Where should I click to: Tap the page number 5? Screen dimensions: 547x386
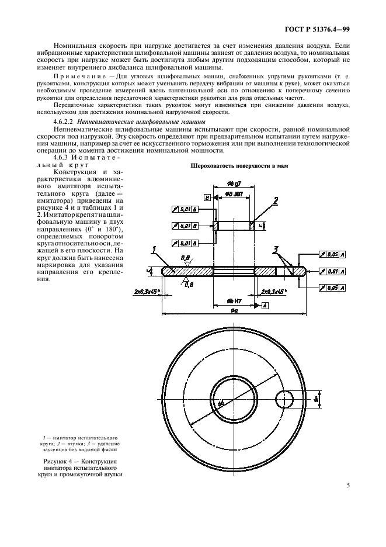point(347,484)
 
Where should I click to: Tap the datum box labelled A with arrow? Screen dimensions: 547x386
point(265,306)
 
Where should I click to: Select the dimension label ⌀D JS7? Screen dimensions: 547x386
point(233,193)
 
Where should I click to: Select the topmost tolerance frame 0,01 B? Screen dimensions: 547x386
point(184,208)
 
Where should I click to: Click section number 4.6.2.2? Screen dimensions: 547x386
point(66,120)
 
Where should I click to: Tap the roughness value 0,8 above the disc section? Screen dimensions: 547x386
point(185,257)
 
